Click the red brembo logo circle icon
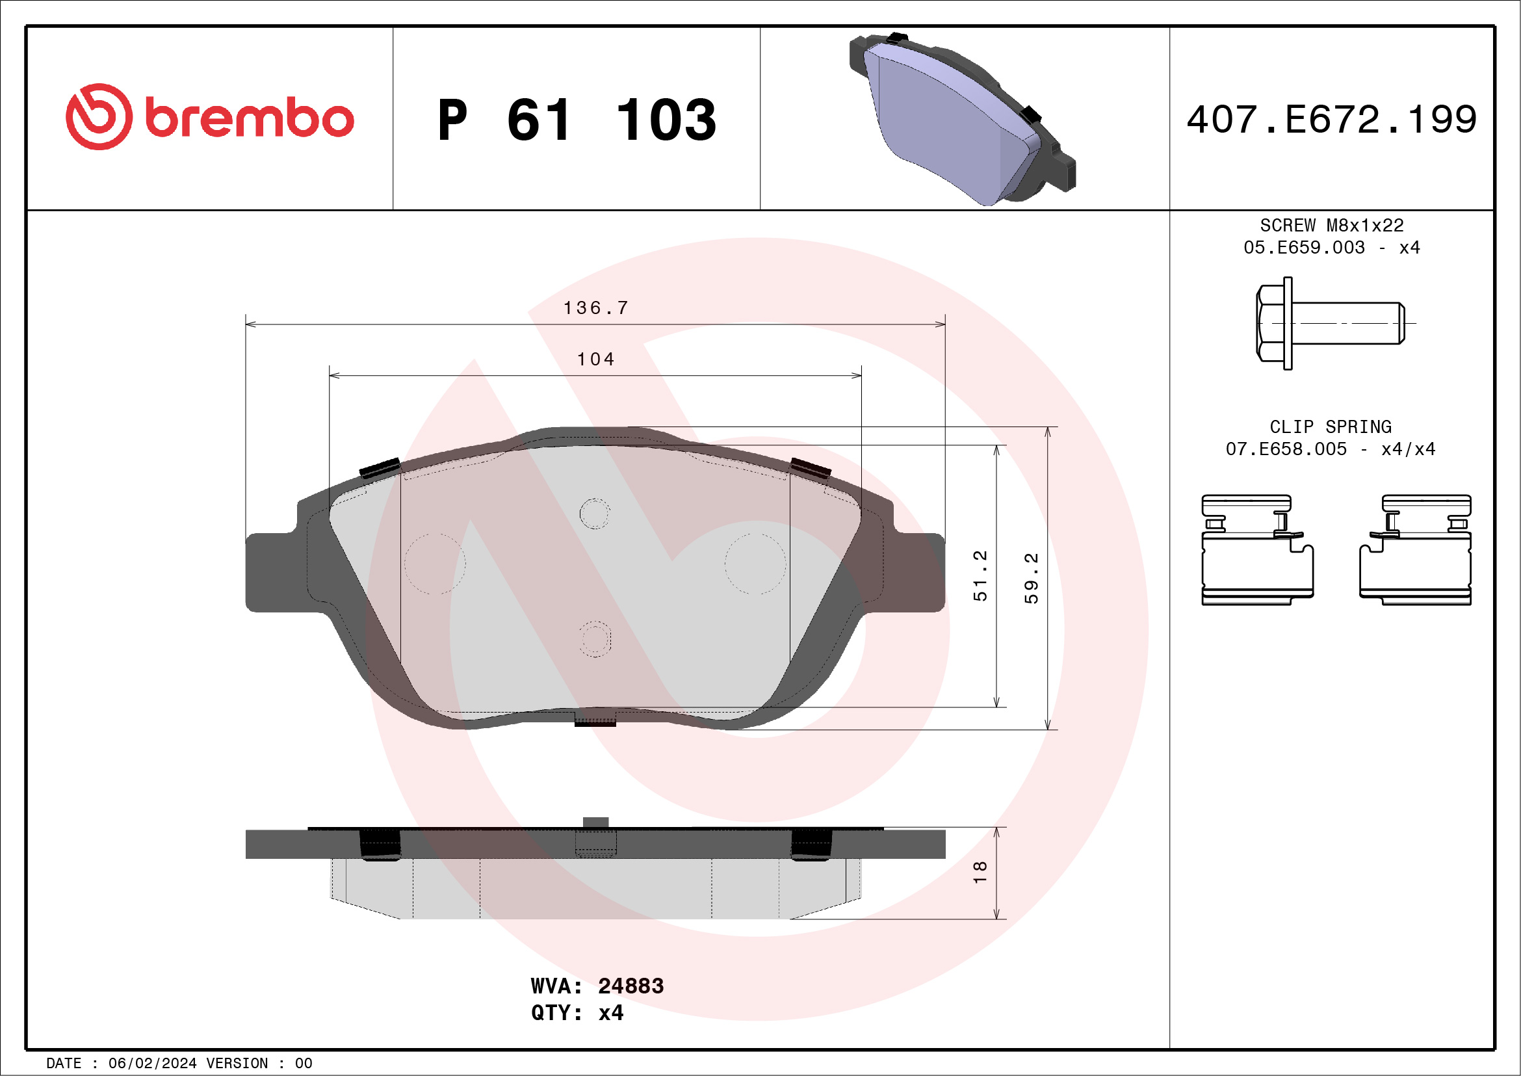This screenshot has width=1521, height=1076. [x=99, y=116]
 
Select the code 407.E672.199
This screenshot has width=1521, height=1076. [x=1331, y=120]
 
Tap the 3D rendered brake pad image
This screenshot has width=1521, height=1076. [x=960, y=119]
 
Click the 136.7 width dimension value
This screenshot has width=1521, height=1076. [x=595, y=308]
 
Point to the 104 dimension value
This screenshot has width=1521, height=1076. [x=595, y=359]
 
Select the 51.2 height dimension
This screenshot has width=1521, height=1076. [x=980, y=575]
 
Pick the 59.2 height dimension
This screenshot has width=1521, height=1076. [x=1031, y=578]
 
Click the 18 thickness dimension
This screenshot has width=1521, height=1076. [x=980, y=871]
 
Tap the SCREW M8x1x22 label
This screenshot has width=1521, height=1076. [x=1331, y=225]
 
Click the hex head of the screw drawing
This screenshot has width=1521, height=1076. [x=1270, y=323]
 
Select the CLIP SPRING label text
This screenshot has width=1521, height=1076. [x=1329, y=426]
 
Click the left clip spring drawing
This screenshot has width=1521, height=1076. [x=1256, y=549]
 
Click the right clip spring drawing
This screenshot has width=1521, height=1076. [x=1416, y=549]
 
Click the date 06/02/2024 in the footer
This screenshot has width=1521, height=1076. [x=152, y=1064]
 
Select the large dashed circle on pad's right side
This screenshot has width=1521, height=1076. [x=755, y=563]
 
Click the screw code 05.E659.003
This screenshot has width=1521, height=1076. [x=1303, y=248]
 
